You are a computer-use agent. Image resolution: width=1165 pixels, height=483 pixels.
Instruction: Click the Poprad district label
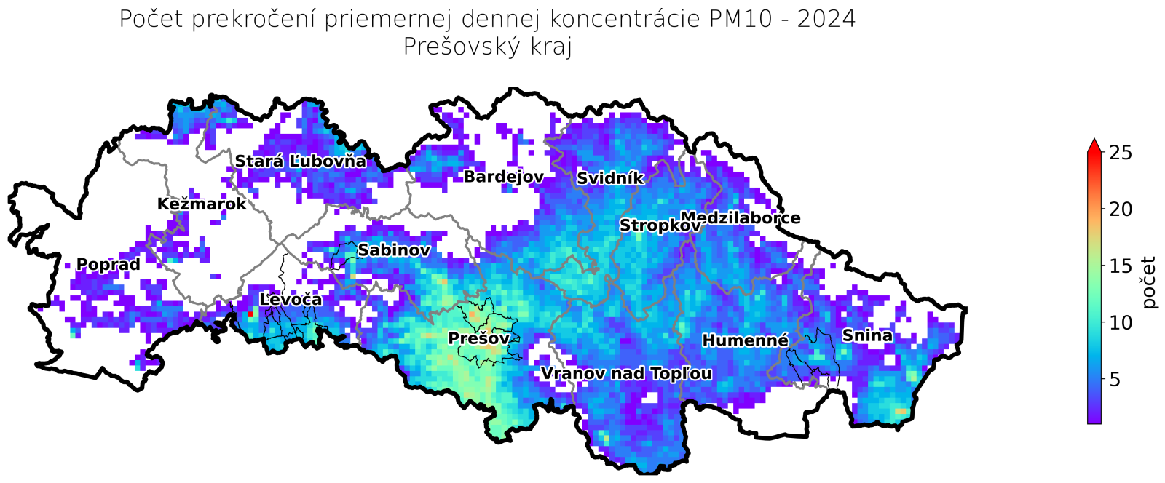pos(108,265)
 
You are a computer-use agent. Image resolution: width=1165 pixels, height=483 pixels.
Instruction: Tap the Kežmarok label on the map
pos(202,204)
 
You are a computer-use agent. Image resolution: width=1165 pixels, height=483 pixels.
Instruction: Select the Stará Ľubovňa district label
pos(300,161)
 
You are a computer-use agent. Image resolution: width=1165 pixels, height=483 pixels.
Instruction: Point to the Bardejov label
pos(504,177)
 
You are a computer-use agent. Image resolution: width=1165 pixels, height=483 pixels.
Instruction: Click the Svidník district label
pos(610,179)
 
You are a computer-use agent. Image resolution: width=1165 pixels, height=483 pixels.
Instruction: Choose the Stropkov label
pos(660,226)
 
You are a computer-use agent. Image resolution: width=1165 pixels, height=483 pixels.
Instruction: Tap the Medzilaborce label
pos(741,218)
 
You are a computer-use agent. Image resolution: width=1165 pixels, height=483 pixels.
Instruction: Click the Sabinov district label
pos(394,251)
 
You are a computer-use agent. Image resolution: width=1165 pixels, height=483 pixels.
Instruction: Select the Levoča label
pos(291,300)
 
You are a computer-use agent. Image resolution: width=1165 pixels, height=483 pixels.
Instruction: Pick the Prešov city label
pos(478,339)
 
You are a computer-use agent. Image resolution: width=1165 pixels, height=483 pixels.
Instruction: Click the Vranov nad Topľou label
pos(626,374)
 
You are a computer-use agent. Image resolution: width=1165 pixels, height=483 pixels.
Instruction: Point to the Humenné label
pos(745,340)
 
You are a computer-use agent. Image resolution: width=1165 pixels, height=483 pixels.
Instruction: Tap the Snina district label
pos(867,336)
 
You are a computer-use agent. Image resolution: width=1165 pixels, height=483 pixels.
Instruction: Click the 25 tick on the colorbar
pos(1121,153)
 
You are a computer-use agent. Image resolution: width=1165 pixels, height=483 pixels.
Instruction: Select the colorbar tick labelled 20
pos(1121,209)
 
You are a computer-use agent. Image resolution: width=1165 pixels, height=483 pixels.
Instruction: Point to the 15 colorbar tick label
pos(1121,266)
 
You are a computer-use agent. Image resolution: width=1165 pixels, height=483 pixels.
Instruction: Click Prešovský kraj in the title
pos(487,47)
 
